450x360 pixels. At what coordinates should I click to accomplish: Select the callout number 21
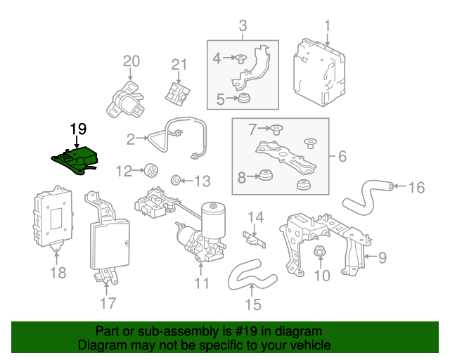(179, 65)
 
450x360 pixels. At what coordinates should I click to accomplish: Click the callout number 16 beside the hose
(417, 187)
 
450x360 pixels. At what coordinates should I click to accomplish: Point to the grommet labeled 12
(148, 169)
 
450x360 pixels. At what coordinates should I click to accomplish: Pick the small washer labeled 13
(176, 181)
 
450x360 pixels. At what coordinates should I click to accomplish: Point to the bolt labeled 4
(241, 59)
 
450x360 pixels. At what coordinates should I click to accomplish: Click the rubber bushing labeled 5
(244, 98)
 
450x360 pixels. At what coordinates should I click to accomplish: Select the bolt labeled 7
(276, 129)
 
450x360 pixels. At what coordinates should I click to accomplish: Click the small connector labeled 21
(177, 92)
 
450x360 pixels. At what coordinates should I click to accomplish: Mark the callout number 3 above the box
(243, 27)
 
